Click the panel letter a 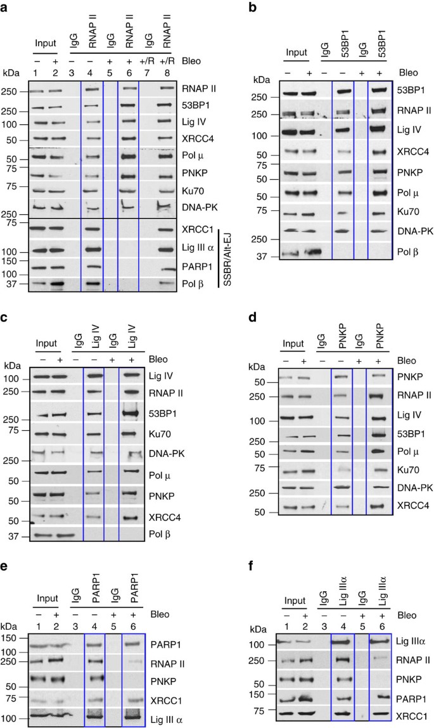coord(6,6)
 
